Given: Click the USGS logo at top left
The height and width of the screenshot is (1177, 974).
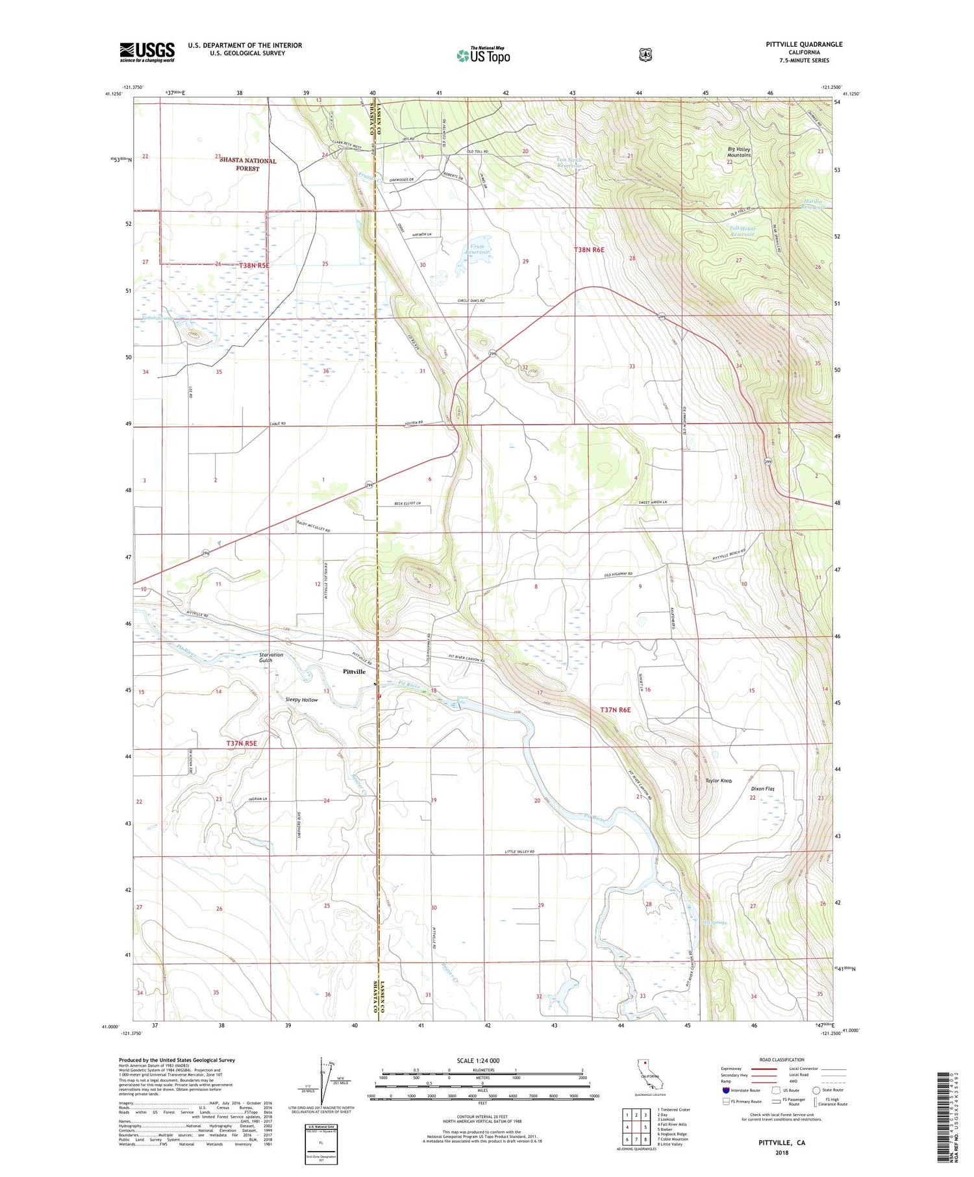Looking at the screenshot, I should tap(147, 52).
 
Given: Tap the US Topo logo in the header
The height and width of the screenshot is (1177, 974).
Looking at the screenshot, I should tap(483, 56).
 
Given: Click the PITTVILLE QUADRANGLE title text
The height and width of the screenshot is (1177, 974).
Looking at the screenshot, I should tap(804, 44).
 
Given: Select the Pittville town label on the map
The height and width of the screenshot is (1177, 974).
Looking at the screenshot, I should tap(354, 671).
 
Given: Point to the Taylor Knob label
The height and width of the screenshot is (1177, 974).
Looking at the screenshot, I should tap(718, 780).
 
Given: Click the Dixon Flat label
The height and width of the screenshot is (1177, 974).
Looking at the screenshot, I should tap(763, 789).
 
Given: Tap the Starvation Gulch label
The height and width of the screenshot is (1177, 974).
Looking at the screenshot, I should tap(271, 658).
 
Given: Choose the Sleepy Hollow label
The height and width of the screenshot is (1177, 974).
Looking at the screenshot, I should tap(301, 700).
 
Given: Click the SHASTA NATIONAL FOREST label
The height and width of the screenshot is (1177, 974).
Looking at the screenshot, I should tap(247, 164).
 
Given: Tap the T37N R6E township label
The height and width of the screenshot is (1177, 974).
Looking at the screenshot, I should tap(615, 710).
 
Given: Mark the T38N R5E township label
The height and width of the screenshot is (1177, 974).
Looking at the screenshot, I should tap(254, 266).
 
